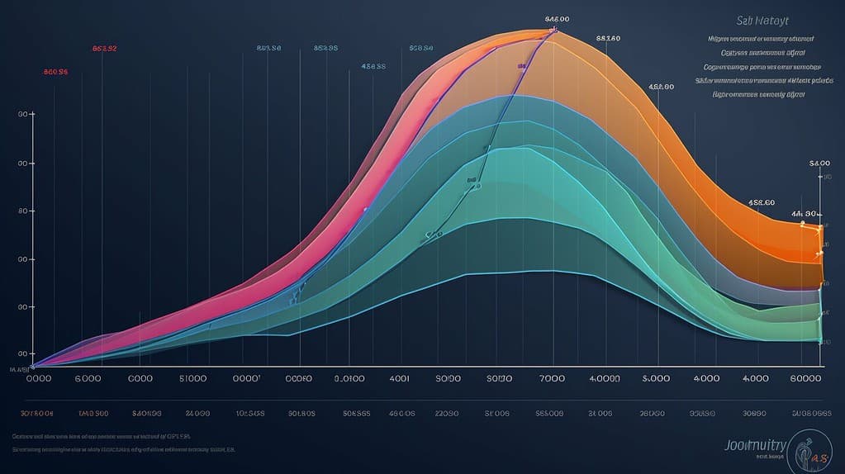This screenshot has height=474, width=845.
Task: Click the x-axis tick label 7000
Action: (551, 378)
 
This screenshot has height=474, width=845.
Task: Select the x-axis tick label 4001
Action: (399, 378)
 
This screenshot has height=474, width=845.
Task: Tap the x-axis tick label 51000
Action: (192, 378)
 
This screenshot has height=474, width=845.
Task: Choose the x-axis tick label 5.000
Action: (655, 378)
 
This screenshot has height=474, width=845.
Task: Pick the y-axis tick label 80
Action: (26, 211)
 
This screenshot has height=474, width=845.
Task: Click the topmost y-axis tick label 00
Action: (26, 115)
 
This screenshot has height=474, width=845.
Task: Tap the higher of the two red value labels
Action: (104, 49)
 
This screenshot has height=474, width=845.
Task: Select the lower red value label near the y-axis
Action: (55, 72)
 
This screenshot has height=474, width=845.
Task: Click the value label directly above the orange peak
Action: (557, 18)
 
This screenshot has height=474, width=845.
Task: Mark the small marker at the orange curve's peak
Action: (554, 31)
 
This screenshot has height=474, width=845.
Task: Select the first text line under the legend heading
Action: (761, 38)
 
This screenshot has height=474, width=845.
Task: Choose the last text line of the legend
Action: (757, 94)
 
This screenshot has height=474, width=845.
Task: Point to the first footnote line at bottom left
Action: (102, 434)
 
